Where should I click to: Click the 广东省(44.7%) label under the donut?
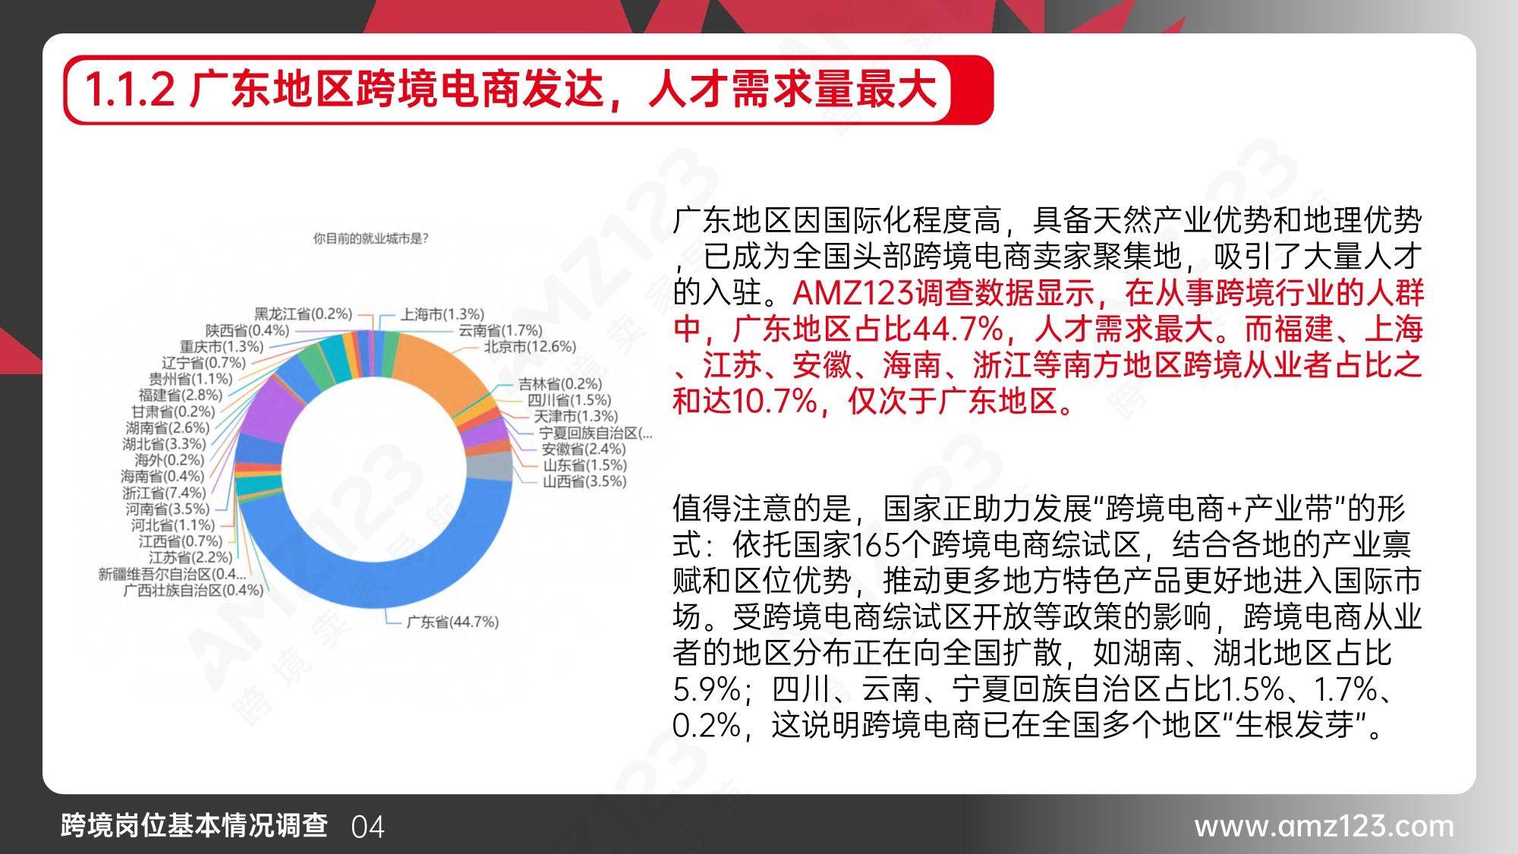click(x=452, y=622)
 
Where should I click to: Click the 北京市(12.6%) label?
click(x=531, y=347)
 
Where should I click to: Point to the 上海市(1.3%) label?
click(x=442, y=314)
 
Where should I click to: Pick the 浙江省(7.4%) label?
click(x=164, y=493)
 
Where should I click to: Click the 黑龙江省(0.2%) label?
click(x=304, y=314)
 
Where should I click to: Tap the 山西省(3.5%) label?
click(x=584, y=481)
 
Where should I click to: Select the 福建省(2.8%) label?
click(x=181, y=395)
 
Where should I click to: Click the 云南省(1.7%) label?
click(x=501, y=330)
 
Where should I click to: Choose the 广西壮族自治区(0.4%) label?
click(x=194, y=590)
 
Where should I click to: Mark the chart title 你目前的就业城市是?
click(x=371, y=238)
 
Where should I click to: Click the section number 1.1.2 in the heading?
click(x=130, y=90)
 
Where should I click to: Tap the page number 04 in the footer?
click(x=368, y=827)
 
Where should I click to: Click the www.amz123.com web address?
click(x=1324, y=826)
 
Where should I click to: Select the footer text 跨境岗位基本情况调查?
click(x=194, y=825)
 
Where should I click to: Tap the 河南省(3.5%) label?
click(x=167, y=509)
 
